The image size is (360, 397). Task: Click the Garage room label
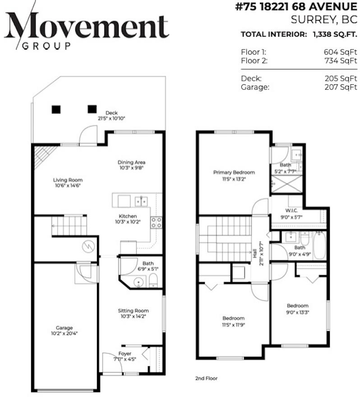pos(64,328)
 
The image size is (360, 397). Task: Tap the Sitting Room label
pos(133,311)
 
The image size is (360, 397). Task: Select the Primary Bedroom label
pos(234,172)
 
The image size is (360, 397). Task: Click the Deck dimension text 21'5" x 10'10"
pos(111,119)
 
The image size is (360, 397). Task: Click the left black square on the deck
pos(56,109)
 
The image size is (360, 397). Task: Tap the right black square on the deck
pos(92,109)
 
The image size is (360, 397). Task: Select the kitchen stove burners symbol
pos(157,222)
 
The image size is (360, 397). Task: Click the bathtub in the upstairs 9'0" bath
pos(319,245)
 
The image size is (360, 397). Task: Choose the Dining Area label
pos(131,162)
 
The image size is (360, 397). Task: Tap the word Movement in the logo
pos(87,26)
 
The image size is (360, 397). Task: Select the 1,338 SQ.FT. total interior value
pos(334,34)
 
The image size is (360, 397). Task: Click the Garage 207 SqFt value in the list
pos(341,87)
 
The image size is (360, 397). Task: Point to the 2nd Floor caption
pos(206,378)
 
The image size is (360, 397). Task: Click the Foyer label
pos(125,354)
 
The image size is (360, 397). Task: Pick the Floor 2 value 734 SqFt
pos(341,61)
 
